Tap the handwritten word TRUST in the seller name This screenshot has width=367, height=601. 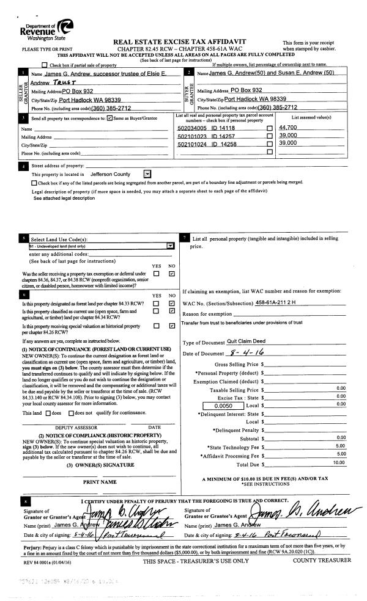[61, 81]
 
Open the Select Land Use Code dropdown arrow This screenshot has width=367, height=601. [169, 246]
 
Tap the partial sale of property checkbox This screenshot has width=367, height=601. [43, 65]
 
